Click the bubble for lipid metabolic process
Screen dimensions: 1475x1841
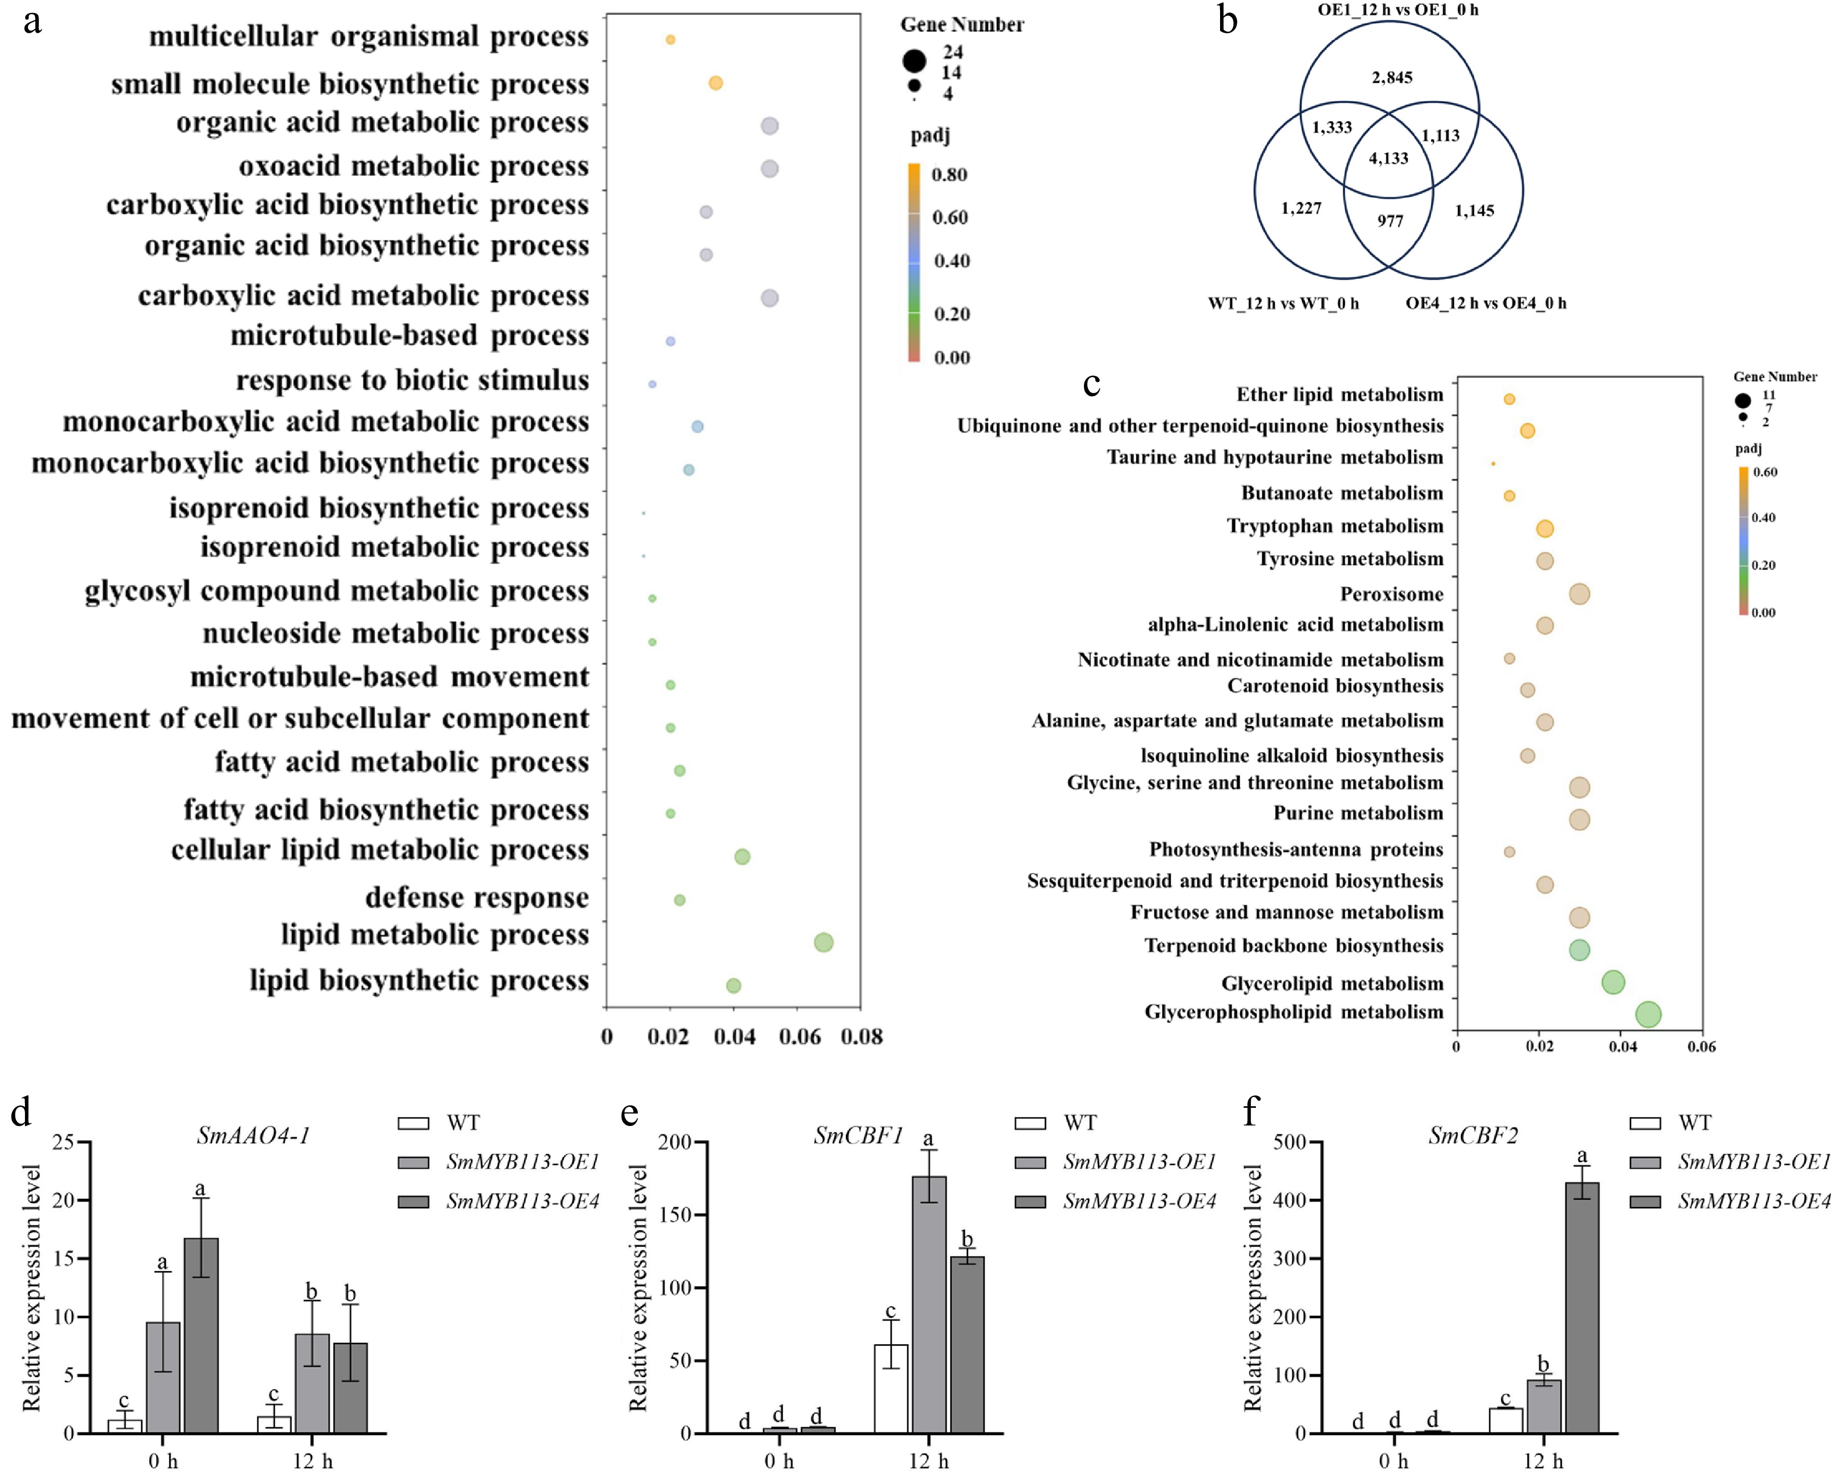pyautogui.click(x=823, y=942)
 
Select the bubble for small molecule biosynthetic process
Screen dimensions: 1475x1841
pyautogui.click(x=716, y=83)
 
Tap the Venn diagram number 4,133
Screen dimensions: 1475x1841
pyautogui.click(x=1388, y=158)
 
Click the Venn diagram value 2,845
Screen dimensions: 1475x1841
pyautogui.click(x=1392, y=78)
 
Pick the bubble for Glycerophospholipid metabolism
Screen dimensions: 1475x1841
pyautogui.click(x=1648, y=1014)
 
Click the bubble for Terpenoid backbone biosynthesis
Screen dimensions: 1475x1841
pyautogui.click(x=1579, y=949)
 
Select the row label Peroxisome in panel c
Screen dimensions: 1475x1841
pyautogui.click(x=1391, y=594)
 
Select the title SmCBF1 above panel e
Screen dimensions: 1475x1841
pyautogui.click(x=858, y=1135)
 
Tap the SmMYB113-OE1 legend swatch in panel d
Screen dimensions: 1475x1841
pyautogui.click(x=413, y=1162)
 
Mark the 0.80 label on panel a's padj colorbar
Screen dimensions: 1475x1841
pyautogui.click(x=949, y=175)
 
